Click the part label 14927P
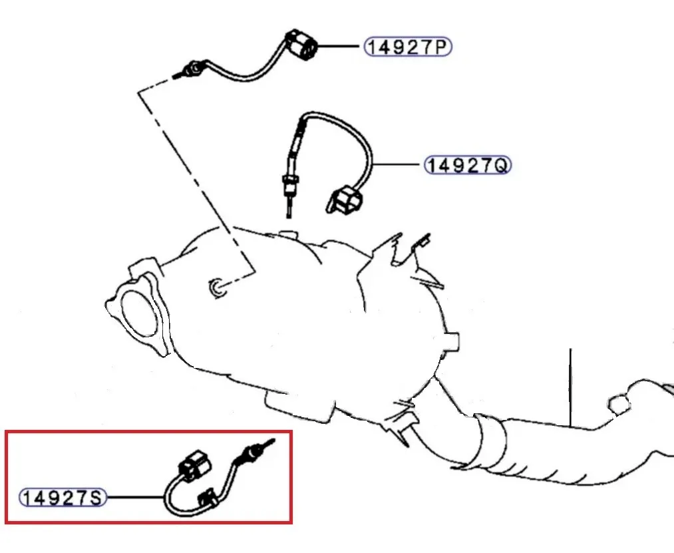(407, 47)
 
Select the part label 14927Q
(467, 164)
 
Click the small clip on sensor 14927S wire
(208, 498)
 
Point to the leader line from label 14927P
(339, 47)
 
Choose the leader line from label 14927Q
(398, 164)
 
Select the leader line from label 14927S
(133, 497)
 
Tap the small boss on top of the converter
(288, 233)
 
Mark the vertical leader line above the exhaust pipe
(570, 386)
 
